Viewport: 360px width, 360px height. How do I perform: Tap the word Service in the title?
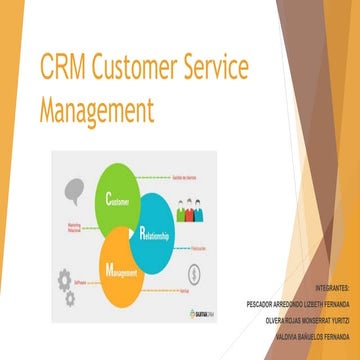233,69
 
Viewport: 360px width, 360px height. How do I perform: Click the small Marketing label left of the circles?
75,227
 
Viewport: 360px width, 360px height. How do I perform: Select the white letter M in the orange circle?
107,269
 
